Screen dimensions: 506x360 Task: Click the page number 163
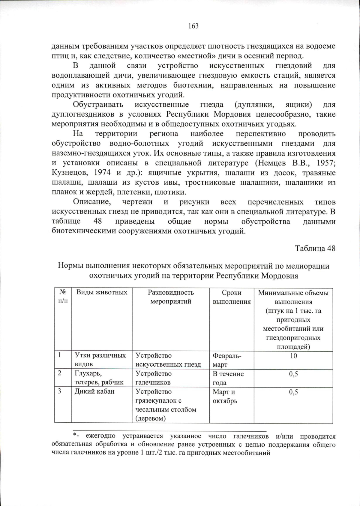click(193, 26)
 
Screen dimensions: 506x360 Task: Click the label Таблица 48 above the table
click(315, 249)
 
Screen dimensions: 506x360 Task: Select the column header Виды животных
click(102, 292)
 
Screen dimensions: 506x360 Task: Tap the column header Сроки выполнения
click(232, 297)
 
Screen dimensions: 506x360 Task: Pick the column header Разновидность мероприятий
click(171, 297)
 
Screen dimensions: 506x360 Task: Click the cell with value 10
click(293, 356)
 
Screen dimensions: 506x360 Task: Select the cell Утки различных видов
click(100, 360)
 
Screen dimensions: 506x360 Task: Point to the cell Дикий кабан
click(94, 391)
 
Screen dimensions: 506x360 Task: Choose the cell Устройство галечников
click(154, 378)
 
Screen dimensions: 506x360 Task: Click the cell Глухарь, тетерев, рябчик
click(99, 378)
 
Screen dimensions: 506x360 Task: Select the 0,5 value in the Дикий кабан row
click(293, 392)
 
